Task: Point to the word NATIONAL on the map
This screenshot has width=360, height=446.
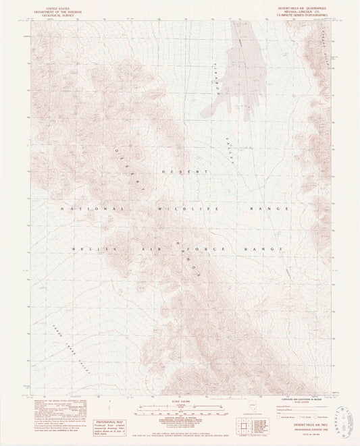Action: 86,209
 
